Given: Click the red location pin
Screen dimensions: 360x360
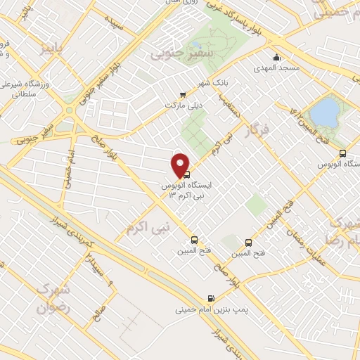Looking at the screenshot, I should point(181,165).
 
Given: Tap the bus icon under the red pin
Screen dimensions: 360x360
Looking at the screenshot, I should point(187,174).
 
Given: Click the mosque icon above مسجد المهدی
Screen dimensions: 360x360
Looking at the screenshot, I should point(276,58).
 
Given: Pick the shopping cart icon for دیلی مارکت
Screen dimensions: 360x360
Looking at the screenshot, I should point(184,95).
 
